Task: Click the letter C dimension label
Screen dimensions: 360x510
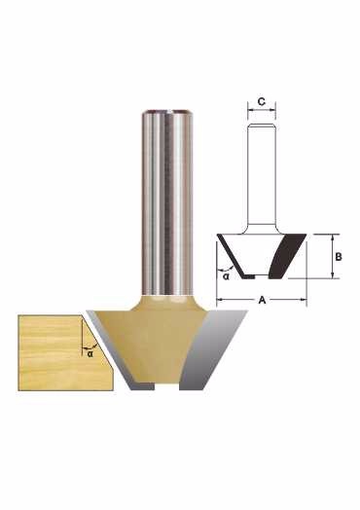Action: click(x=262, y=101)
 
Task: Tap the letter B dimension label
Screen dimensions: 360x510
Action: click(x=339, y=257)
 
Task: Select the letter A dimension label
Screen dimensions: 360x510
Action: click(x=262, y=300)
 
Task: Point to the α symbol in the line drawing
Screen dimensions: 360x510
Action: click(x=226, y=276)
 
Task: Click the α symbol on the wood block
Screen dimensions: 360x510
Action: click(x=90, y=353)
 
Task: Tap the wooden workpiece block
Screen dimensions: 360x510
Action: click(x=65, y=352)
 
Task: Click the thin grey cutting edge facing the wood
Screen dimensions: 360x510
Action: click(x=112, y=349)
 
